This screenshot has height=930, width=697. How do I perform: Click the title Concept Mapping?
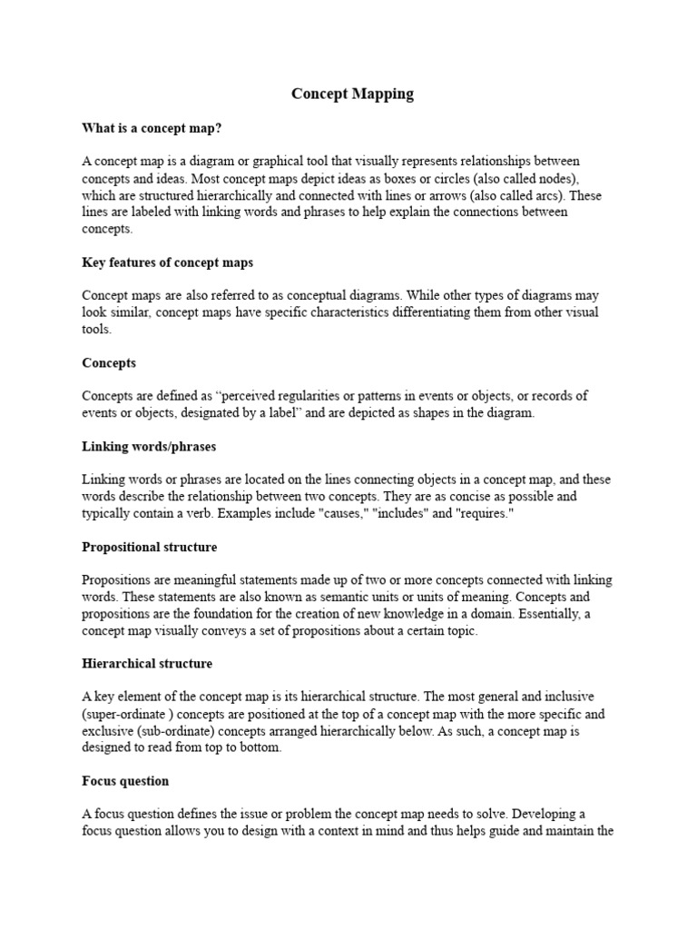352,94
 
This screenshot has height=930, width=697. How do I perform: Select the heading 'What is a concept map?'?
152,128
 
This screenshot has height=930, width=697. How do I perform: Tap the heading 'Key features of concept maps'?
168,262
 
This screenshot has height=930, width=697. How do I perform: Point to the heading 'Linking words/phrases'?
149,447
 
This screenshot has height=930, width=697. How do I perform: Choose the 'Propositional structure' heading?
150,547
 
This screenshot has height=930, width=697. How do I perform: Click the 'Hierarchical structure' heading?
147,664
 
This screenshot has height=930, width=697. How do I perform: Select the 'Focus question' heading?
125,781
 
